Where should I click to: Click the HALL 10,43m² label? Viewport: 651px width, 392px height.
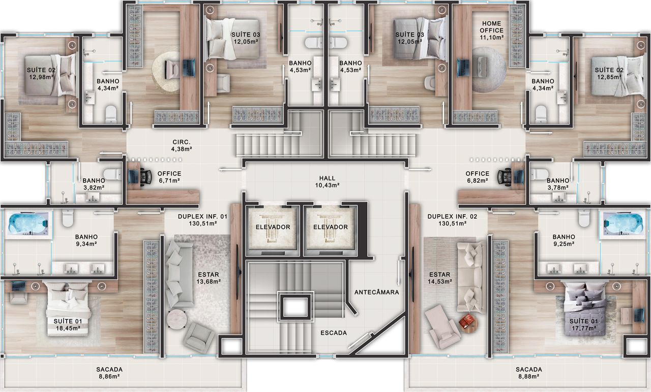pyautogui.click(x=327, y=182)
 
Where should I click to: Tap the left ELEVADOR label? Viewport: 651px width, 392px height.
pyautogui.click(x=273, y=227)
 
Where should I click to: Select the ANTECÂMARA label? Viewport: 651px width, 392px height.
pyautogui.click(x=377, y=292)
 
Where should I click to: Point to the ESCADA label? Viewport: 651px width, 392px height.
pyautogui.click(x=334, y=333)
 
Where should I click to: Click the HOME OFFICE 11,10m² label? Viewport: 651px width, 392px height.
pyautogui.click(x=492, y=30)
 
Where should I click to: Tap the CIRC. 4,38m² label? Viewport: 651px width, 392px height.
pyautogui.click(x=182, y=145)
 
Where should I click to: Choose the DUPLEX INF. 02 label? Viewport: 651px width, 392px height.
pyautogui.click(x=453, y=216)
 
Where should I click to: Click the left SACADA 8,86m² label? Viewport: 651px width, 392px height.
pyautogui.click(x=109, y=373)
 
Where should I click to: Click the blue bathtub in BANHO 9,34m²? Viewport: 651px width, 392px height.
pyautogui.click(x=28, y=224)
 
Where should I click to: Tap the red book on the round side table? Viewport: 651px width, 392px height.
pyautogui.click(x=467, y=321)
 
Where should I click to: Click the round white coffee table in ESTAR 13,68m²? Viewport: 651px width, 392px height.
pyautogui.click(x=176, y=319)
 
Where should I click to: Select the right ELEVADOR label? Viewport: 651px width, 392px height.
pyautogui.click(x=331, y=227)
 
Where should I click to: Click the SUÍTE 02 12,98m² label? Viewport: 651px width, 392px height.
pyautogui.click(x=41, y=74)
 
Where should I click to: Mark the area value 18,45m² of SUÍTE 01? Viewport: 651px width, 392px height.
pyautogui.click(x=68, y=328)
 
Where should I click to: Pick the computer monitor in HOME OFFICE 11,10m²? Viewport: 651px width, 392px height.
pyautogui.click(x=463, y=68)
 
